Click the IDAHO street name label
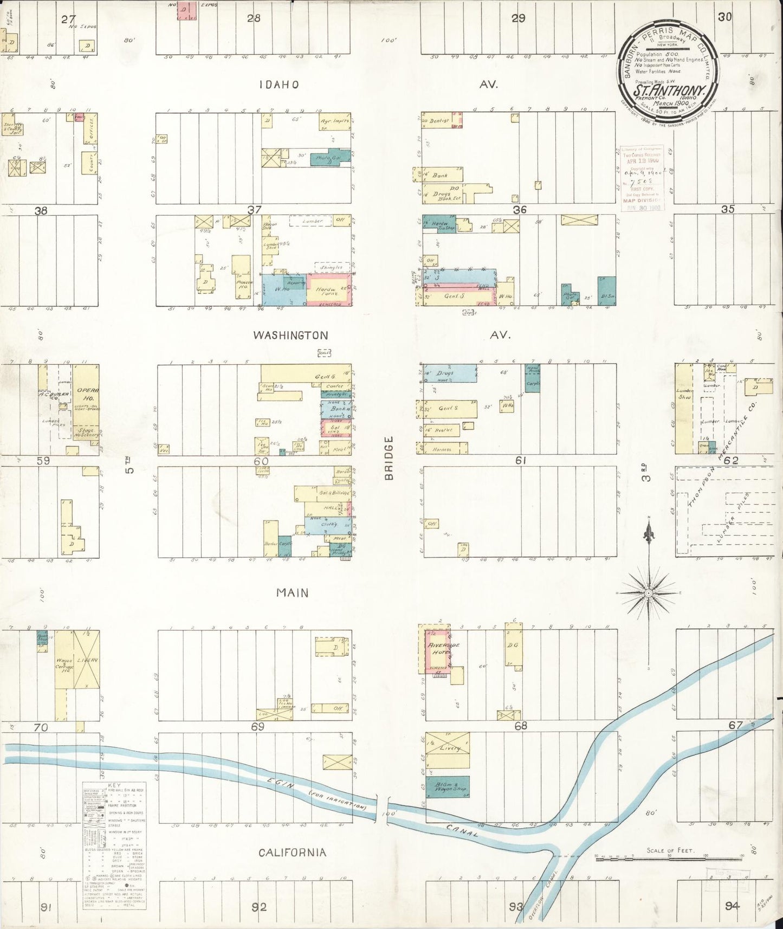[279, 85]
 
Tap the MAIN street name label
[293, 592]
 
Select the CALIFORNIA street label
[292, 853]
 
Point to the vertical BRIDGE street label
[388, 458]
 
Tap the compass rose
[648, 593]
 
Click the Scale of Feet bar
[669, 858]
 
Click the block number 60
[261, 461]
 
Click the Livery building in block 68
[448, 749]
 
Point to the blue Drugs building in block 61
[450, 373]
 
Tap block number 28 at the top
[253, 18]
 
